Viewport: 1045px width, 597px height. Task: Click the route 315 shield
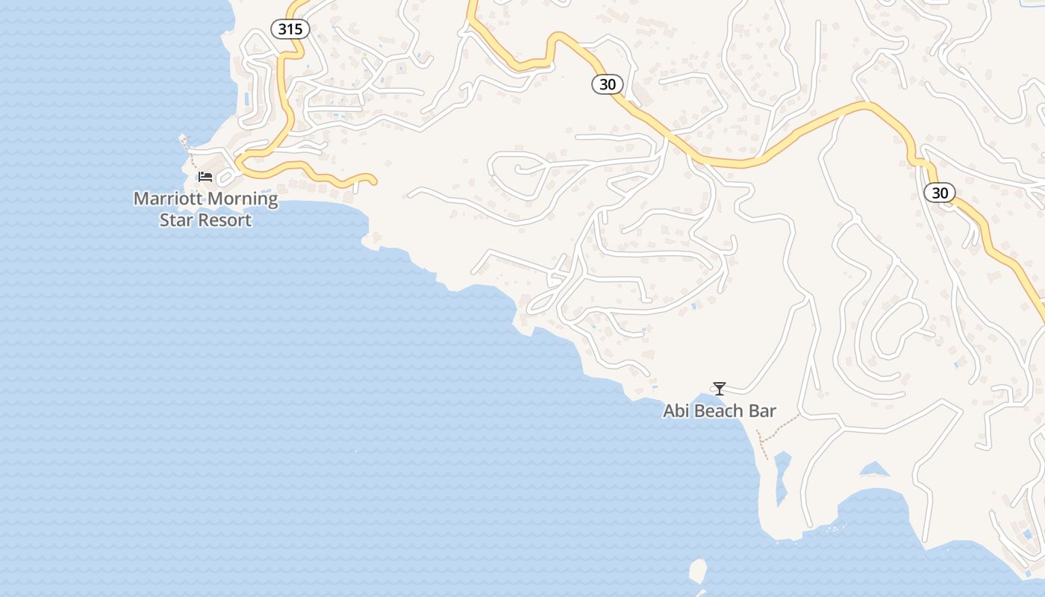[x=290, y=29]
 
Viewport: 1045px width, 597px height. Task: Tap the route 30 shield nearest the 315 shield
[x=608, y=84]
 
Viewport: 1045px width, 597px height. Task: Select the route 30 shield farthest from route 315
[x=940, y=193]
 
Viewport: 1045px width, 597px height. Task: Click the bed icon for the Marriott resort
[x=205, y=177]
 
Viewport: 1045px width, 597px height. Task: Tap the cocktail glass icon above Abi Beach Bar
[x=719, y=388]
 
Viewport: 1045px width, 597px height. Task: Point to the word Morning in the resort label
[x=241, y=199]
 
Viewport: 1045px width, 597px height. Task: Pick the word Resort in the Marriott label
[x=224, y=220]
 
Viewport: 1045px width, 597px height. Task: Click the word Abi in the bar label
[x=676, y=411]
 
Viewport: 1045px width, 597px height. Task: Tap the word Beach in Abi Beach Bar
[x=719, y=411]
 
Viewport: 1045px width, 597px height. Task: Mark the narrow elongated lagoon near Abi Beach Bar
[x=782, y=478]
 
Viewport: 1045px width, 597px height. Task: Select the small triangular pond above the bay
[x=873, y=470]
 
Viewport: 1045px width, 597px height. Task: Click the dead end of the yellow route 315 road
[x=373, y=180]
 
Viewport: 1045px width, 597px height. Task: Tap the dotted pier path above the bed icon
[x=188, y=153]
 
